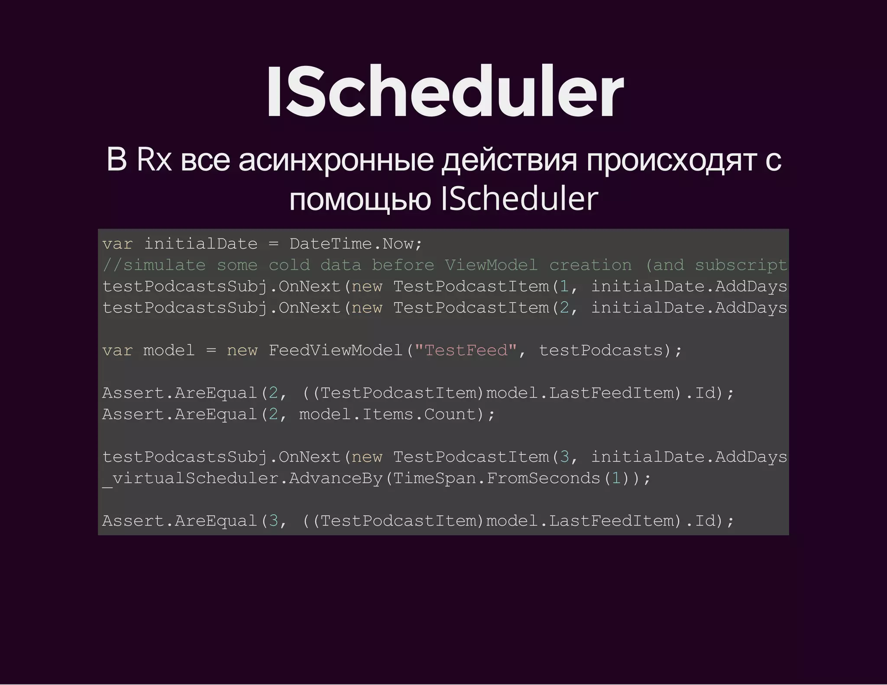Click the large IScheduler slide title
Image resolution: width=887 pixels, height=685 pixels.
pos(444,92)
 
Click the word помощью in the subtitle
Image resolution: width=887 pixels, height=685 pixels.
pos(360,200)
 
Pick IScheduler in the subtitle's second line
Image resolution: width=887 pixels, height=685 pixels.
pos(519,200)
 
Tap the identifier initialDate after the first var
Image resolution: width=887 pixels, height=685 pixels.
pos(201,244)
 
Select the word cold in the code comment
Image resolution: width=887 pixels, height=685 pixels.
pos(289,265)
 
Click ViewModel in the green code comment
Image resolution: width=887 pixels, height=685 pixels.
pos(491,265)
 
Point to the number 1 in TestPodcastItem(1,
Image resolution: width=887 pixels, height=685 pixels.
pos(564,287)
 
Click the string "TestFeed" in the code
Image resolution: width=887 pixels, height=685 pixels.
pos(466,350)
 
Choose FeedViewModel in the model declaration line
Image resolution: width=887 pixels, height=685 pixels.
pos(336,350)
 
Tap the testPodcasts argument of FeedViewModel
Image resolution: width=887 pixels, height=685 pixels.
pos(601,350)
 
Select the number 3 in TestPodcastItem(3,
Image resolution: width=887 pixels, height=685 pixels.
pos(564,457)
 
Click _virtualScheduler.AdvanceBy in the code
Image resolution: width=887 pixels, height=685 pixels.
pos(243,478)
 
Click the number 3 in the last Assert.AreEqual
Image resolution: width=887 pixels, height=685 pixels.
pos(273,521)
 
